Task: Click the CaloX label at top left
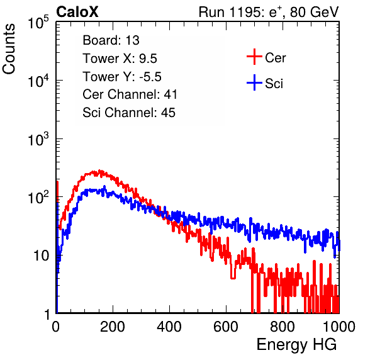coord(77,12)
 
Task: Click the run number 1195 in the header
coord(244,12)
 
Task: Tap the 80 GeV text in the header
coord(314,12)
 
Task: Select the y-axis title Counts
coord(9,49)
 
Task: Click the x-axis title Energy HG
coord(296,345)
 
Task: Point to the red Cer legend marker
coord(254,57)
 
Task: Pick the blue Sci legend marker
coord(254,83)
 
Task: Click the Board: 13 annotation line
coord(111,40)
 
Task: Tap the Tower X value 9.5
coord(148,59)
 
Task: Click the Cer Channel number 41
coord(171,94)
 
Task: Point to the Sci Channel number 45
coord(168,113)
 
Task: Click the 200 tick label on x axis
coord(113,327)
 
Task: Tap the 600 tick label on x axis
coord(226,327)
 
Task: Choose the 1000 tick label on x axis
coord(339,327)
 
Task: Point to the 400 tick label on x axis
coord(169,327)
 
